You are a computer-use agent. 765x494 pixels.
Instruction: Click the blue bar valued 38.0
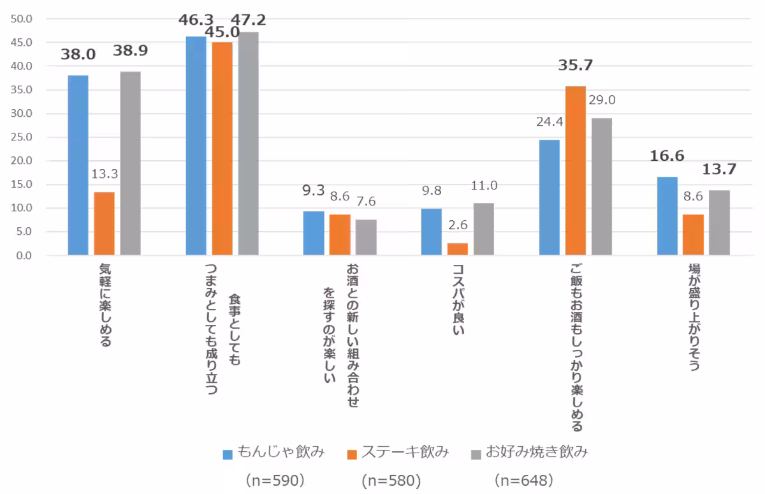[x=78, y=165]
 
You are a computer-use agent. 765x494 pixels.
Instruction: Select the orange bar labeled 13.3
[x=104, y=223]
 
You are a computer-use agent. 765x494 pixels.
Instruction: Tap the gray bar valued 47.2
[x=249, y=144]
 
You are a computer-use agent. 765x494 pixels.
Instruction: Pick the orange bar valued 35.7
[x=575, y=170]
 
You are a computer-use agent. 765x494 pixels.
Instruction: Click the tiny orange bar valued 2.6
[x=457, y=249]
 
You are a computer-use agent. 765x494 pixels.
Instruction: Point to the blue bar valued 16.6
[x=667, y=216]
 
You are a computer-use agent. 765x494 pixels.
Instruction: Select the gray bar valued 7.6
[x=366, y=237]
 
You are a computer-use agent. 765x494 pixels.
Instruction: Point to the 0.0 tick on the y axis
[x=24, y=255]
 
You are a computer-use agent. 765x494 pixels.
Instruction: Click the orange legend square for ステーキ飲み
[x=351, y=454]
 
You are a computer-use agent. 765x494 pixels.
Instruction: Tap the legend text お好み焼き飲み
[x=536, y=453]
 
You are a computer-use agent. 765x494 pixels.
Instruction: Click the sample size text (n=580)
[x=391, y=479]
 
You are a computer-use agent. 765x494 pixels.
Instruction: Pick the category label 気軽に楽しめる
[x=105, y=305]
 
